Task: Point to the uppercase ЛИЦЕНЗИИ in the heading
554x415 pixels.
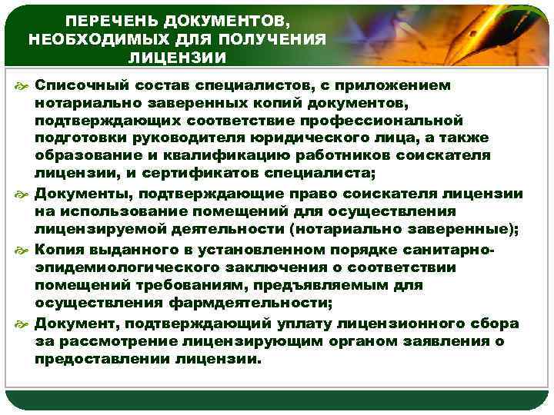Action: coord(178,58)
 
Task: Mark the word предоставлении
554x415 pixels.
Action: coord(106,357)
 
